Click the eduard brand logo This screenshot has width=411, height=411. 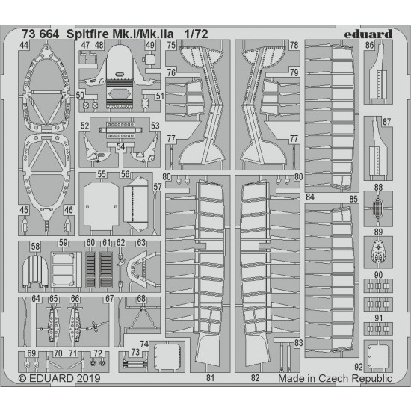[x=368, y=34]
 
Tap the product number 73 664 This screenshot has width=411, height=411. [x=40, y=34]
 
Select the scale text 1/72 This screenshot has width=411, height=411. [x=196, y=34]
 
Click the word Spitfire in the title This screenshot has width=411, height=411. [x=87, y=34]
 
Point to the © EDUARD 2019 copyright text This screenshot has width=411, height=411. [x=60, y=378]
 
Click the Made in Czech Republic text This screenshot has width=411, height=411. [x=335, y=378]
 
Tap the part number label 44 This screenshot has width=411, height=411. [x=24, y=45]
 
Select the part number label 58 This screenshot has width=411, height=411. [x=35, y=246]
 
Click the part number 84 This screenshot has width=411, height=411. [x=310, y=197]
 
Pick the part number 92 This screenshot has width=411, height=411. [x=358, y=367]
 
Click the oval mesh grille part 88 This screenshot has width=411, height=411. [x=377, y=208]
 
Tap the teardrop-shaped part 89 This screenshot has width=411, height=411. [x=378, y=252]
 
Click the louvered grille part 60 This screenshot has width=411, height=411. [x=90, y=269]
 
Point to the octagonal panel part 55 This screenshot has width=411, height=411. [x=101, y=205]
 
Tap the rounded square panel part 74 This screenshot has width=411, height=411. [x=167, y=356]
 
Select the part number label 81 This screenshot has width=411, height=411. [x=210, y=377]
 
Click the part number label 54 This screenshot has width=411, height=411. [x=120, y=146]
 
